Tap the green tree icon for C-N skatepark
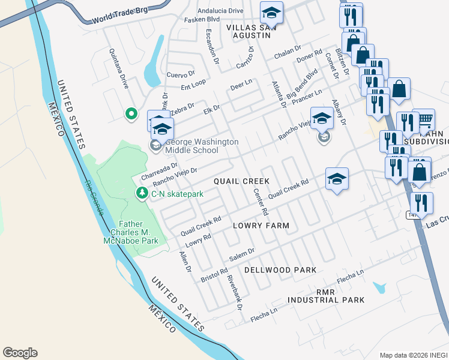point(142,193)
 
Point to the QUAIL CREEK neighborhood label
point(242,181)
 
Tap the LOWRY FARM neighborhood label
point(261,226)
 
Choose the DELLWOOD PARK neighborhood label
point(280,270)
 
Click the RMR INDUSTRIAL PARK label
point(325,295)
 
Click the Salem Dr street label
point(243,254)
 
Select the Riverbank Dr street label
point(232,292)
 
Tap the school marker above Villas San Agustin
point(271,12)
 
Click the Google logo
point(20,353)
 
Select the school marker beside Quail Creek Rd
point(337,178)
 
